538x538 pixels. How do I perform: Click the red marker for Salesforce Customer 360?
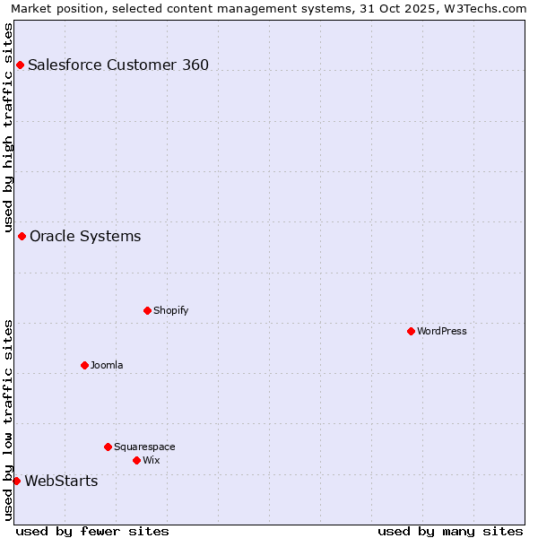20,65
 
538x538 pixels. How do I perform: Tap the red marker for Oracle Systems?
22,236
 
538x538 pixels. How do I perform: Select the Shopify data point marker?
147,310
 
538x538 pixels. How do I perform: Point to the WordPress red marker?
411,331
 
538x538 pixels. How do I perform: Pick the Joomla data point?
84,365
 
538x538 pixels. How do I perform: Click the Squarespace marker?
108,447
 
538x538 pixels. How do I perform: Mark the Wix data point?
136,460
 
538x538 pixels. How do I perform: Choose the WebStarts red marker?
16,481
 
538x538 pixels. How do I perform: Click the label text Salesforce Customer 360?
118,65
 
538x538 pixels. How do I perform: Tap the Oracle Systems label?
85,236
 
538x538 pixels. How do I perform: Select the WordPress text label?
442,331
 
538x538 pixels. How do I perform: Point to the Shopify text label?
170,310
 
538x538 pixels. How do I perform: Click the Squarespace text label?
144,447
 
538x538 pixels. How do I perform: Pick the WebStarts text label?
61,481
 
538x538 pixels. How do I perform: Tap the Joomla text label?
107,365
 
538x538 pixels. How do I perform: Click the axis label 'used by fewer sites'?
92,531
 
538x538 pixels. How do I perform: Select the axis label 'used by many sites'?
450,531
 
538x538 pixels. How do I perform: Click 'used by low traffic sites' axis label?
8,420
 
